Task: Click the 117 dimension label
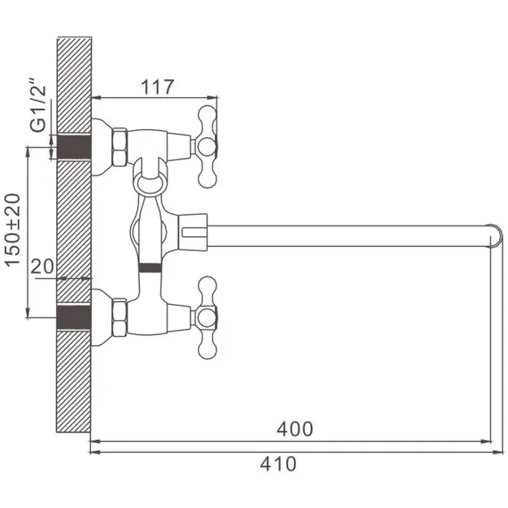pyautogui.click(x=158, y=86)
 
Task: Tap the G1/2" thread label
pyautogui.click(x=38, y=104)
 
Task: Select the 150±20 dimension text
pyautogui.click(x=12, y=230)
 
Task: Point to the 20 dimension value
pyautogui.click(x=42, y=266)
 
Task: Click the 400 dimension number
pyautogui.click(x=295, y=429)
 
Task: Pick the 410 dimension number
pyautogui.click(x=278, y=464)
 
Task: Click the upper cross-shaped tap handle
pyautogui.click(x=207, y=147)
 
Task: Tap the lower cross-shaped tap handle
pyautogui.click(x=207, y=318)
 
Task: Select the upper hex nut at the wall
pyautogui.click(x=119, y=147)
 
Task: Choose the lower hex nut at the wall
pyautogui.click(x=119, y=317)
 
